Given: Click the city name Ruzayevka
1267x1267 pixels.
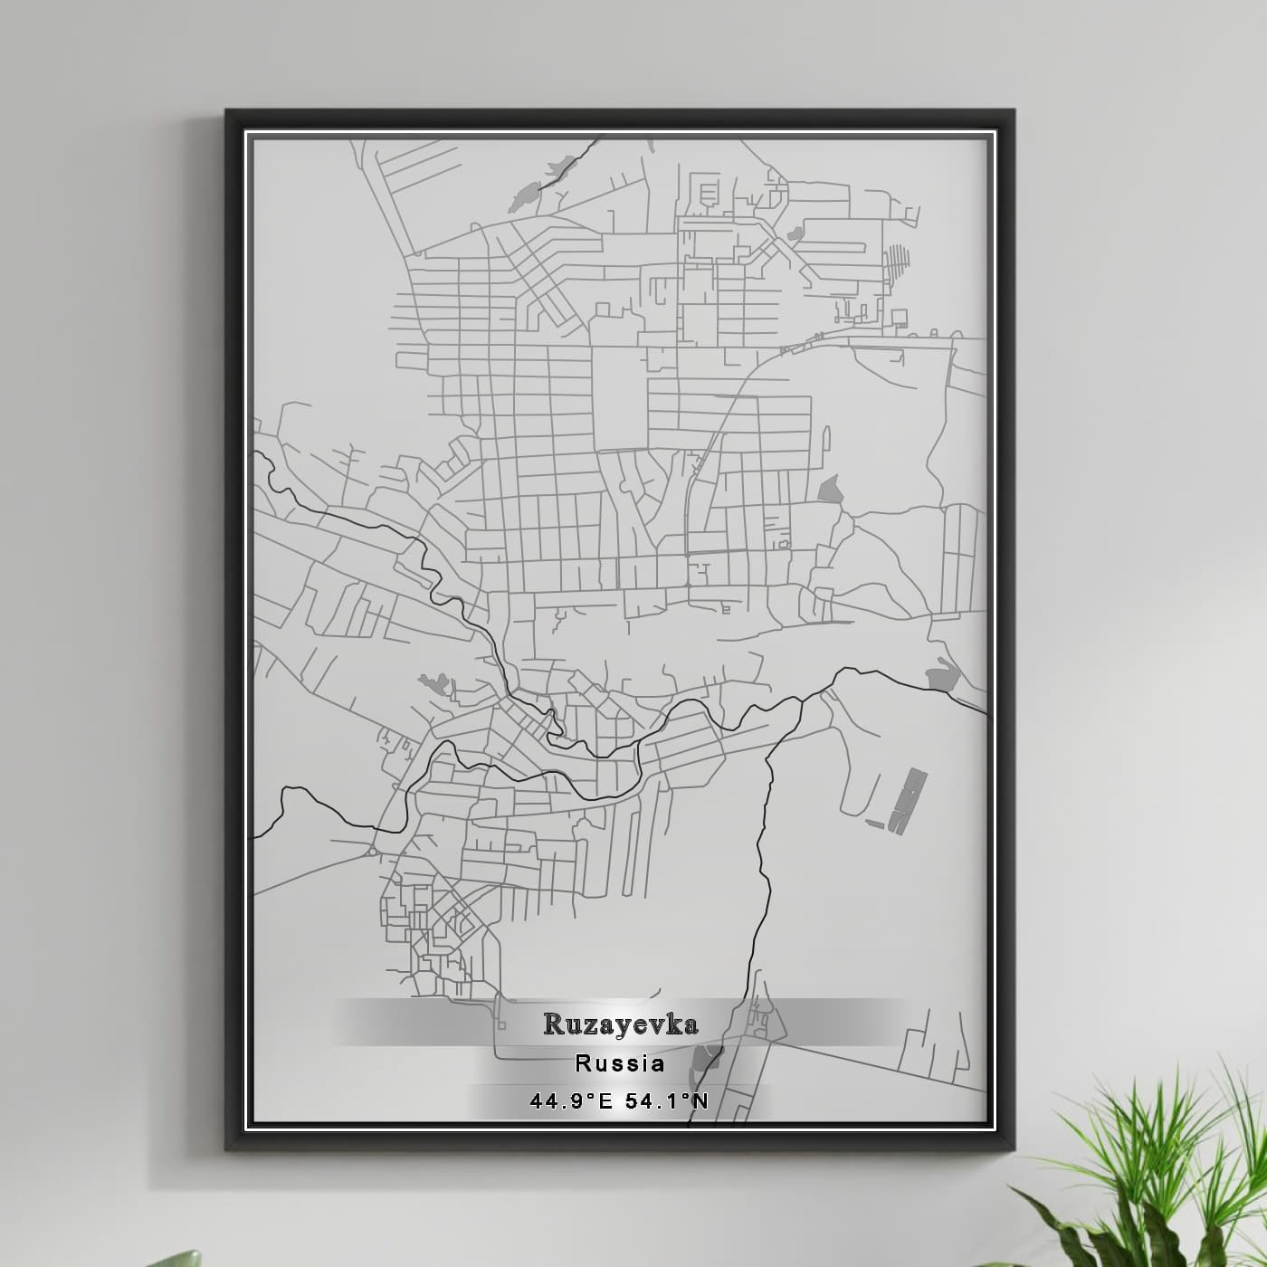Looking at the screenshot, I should (620, 1024).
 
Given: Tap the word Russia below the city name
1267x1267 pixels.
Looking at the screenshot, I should (620, 1063).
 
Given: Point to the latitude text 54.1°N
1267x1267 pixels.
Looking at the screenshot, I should (667, 1101).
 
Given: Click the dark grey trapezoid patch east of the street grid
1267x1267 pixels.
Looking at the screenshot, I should (829, 489).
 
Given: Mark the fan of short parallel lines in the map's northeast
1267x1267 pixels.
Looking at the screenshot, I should (896, 262).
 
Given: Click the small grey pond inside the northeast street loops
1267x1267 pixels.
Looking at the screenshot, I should (796, 233).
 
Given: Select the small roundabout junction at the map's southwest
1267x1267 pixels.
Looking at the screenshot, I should (372, 852).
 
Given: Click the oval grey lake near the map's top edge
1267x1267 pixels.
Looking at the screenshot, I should (523, 195).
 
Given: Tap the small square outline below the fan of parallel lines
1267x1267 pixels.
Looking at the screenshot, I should (900, 317).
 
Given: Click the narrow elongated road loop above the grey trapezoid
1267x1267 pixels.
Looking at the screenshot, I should (824, 439).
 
